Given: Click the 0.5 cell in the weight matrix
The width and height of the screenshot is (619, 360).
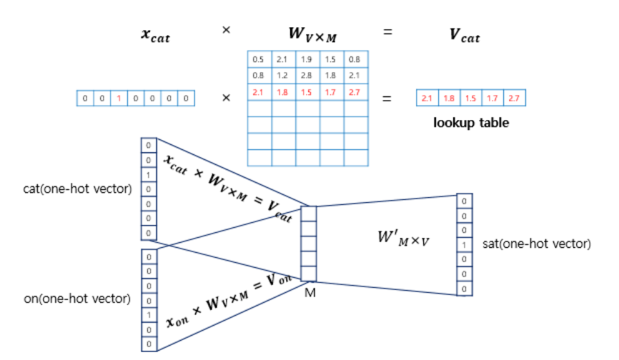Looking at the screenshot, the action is click(259, 59).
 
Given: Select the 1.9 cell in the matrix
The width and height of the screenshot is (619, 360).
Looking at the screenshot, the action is click(307, 59).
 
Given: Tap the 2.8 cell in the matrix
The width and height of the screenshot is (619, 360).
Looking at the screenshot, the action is click(307, 75).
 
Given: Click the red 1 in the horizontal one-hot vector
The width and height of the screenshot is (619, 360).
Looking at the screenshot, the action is click(119, 98).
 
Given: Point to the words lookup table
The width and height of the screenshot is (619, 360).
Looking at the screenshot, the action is click(471, 123).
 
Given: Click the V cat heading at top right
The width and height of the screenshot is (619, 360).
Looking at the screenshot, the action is click(465, 36).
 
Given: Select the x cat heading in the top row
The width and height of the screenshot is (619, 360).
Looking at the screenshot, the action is click(156, 36).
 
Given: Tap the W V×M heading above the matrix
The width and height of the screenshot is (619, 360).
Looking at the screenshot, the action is click(312, 35).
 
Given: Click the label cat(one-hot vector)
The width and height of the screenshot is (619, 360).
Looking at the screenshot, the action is click(77, 189).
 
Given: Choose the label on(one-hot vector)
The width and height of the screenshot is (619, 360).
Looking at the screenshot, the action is click(77, 299).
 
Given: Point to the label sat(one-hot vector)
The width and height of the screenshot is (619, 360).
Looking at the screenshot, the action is click(537, 244).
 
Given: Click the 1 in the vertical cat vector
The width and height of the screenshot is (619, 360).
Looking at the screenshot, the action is click(149, 175).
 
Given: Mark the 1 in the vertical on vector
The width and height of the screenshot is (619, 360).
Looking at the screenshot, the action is click(149, 315).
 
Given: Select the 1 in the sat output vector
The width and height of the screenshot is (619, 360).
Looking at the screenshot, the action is click(465, 245).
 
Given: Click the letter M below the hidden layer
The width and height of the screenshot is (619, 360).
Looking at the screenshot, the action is click(310, 293).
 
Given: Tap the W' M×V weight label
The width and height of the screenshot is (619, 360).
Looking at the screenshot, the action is click(403, 238).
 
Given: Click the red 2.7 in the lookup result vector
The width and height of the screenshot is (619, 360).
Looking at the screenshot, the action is click(515, 98).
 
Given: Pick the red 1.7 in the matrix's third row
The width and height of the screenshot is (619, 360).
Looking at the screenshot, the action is click(330, 92).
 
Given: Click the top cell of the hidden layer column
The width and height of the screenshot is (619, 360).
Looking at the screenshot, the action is click(309, 214).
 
